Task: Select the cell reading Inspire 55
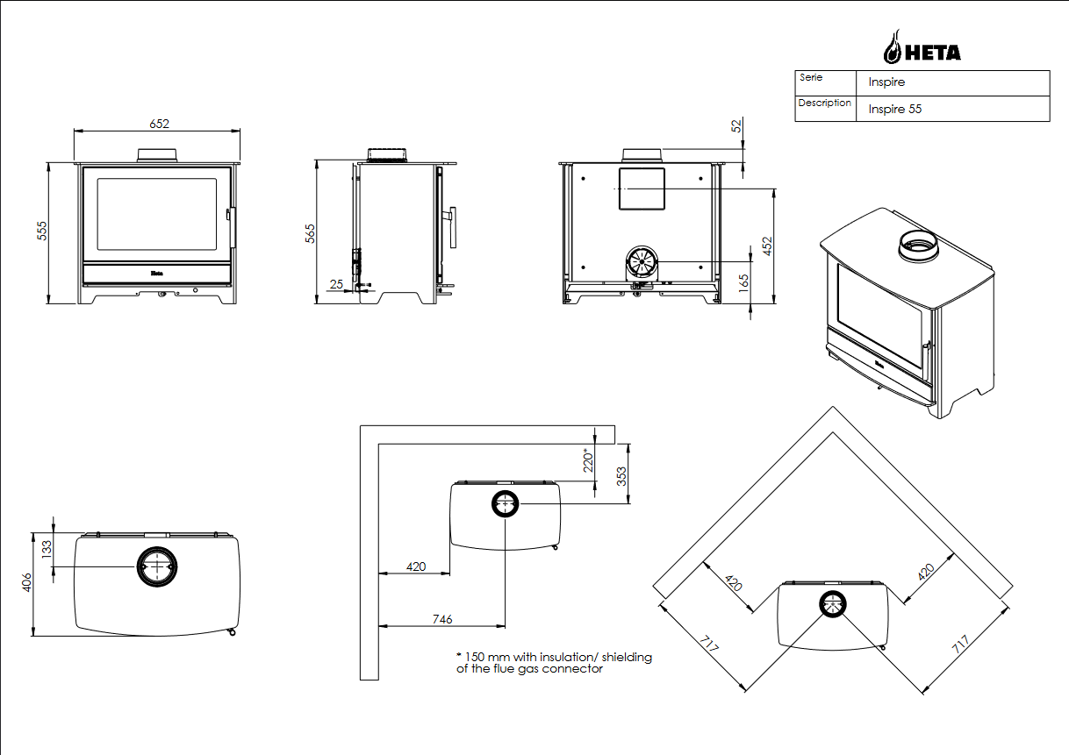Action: click(x=895, y=110)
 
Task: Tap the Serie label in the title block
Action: click(x=811, y=78)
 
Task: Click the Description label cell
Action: click(x=824, y=103)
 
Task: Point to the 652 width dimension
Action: click(x=159, y=124)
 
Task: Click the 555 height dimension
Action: click(x=41, y=231)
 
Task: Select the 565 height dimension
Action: click(x=310, y=232)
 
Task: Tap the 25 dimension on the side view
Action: click(x=336, y=283)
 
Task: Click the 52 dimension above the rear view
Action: click(x=736, y=126)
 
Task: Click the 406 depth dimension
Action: click(x=26, y=583)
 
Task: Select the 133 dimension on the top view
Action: click(x=47, y=550)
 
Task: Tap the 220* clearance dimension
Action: click(x=589, y=460)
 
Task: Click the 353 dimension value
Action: click(x=621, y=476)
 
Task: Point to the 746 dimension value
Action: click(x=442, y=619)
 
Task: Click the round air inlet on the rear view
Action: click(x=642, y=261)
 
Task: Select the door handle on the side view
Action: click(x=453, y=227)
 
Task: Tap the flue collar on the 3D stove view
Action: click(x=917, y=245)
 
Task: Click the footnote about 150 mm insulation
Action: click(x=554, y=662)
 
